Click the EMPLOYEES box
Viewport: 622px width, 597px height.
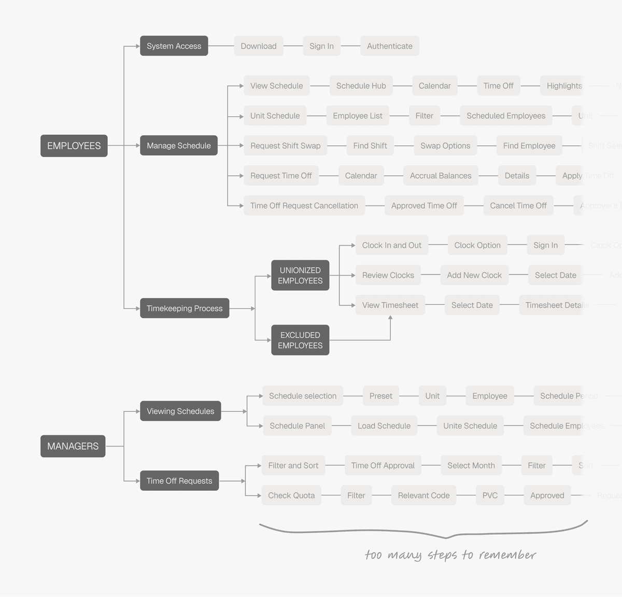(74, 146)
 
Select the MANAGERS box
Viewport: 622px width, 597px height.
(73, 446)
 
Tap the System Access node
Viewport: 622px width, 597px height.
(174, 46)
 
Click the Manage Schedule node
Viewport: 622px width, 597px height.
(178, 146)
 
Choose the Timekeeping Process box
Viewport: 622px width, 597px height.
(184, 308)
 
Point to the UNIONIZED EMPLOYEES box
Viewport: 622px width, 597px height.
(300, 275)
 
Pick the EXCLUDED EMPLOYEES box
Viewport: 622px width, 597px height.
(300, 340)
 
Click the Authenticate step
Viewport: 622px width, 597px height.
(389, 46)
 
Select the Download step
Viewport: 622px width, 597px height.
(258, 46)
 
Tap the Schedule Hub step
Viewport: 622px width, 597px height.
(361, 86)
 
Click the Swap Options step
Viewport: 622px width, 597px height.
(445, 146)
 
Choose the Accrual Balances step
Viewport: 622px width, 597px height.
(441, 176)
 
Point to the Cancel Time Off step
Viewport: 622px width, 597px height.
(518, 206)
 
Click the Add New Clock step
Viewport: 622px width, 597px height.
(474, 275)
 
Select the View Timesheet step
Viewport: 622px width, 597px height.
(390, 305)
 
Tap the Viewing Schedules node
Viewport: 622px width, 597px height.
(180, 411)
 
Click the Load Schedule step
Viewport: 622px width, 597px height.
(384, 426)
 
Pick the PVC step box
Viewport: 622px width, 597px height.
(490, 495)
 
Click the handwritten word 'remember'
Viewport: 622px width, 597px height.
(507, 555)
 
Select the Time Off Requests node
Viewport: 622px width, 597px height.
(179, 481)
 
